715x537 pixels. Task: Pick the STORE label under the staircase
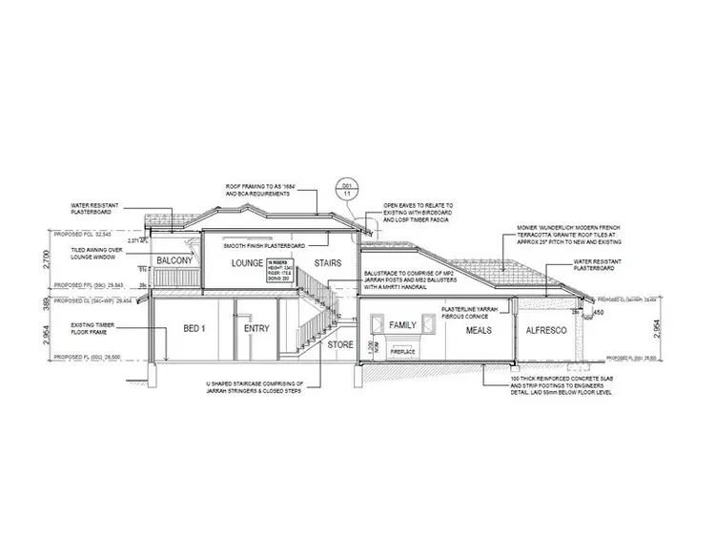(x=340, y=344)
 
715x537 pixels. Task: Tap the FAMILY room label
(x=404, y=327)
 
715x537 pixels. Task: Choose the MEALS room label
(x=480, y=329)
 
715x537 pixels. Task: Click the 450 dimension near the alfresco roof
(x=598, y=312)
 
